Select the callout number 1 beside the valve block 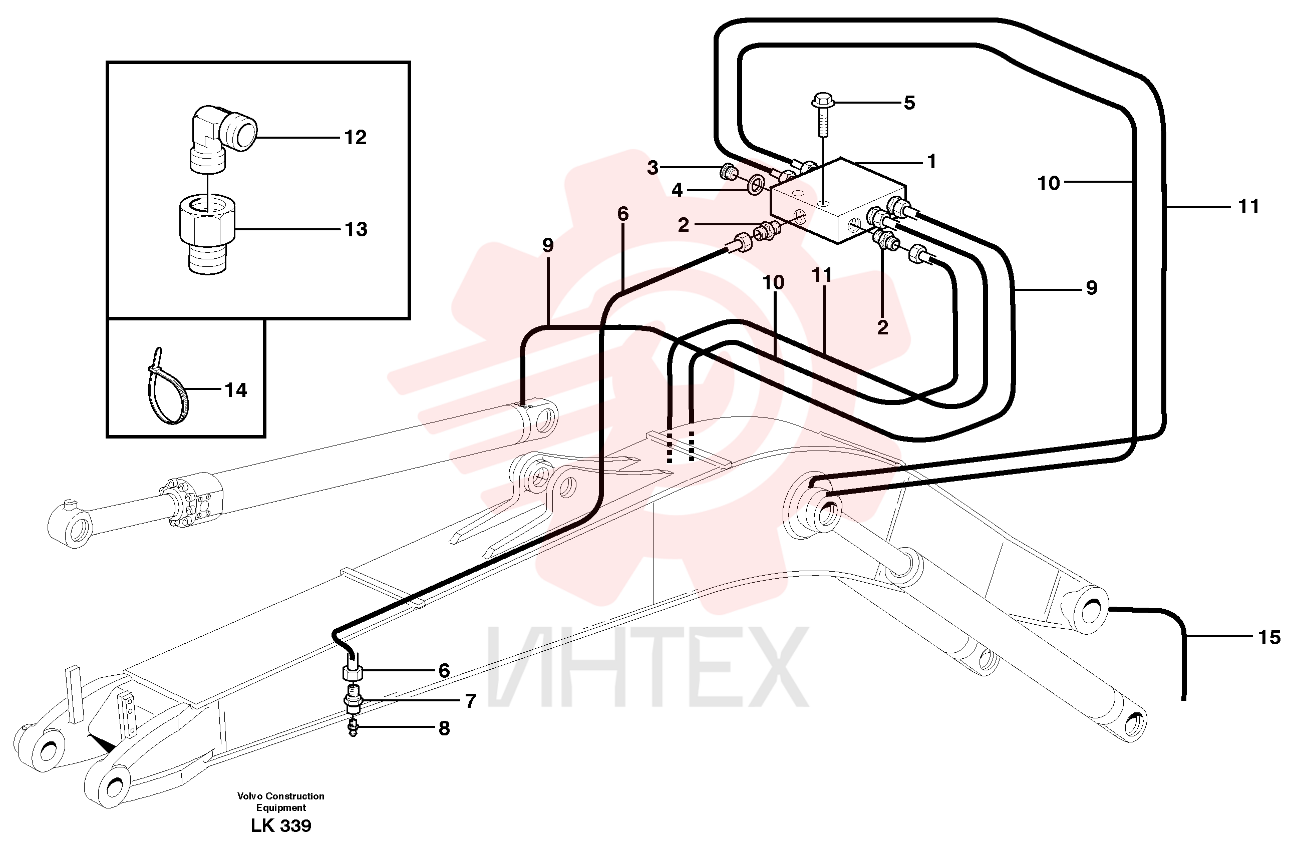click(x=931, y=162)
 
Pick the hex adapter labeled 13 click(x=207, y=235)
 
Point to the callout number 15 click(x=1268, y=637)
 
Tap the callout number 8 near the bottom click(x=444, y=728)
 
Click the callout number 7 click(x=470, y=701)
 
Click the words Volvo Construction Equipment click(x=280, y=802)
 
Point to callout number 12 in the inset click(x=356, y=138)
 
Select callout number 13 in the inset click(x=356, y=230)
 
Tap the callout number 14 click(x=236, y=390)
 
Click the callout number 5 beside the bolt click(x=909, y=103)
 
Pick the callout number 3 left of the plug click(x=653, y=168)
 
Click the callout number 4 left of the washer click(x=677, y=191)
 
